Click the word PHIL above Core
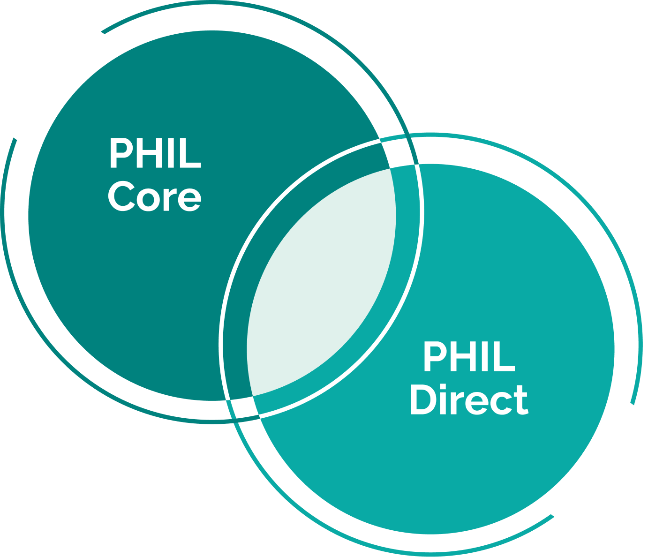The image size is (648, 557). (x=155, y=153)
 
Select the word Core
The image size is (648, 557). (x=155, y=197)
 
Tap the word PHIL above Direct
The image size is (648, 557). (x=469, y=357)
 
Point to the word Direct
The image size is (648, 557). (x=469, y=400)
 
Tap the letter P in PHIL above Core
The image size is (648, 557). (x=120, y=153)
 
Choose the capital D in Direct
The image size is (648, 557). (x=422, y=400)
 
